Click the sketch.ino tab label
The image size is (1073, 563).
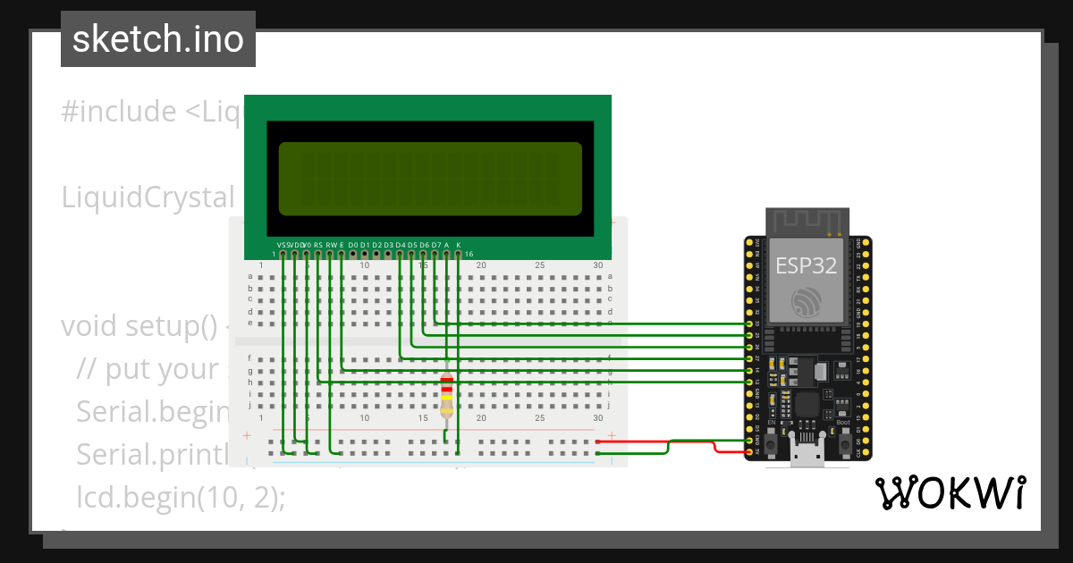pos(158,39)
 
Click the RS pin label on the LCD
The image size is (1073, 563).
pos(318,244)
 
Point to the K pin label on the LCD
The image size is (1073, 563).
pos(459,244)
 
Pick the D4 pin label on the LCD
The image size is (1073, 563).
pos(401,244)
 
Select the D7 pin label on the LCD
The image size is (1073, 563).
pos(435,244)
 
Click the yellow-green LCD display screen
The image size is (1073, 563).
pos(429,179)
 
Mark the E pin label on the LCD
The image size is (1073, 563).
pos(342,244)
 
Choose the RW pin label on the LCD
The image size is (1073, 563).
pos(330,244)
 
